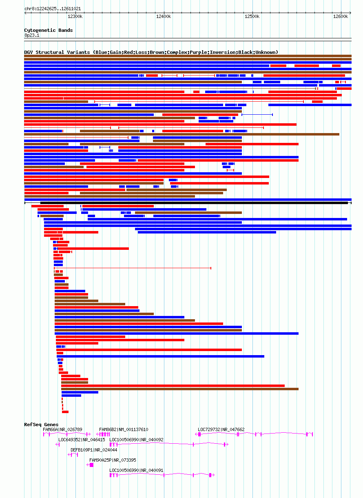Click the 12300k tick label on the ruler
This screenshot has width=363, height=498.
click(x=75, y=16)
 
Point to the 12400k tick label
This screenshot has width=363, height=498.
click(x=164, y=16)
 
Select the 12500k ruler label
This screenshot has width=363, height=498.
click(x=252, y=16)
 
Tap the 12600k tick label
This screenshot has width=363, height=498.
click(x=340, y=16)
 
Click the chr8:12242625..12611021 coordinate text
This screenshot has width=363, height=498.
click(x=53, y=9)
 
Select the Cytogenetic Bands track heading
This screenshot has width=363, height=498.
click(x=49, y=30)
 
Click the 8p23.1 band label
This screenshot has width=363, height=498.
click(x=32, y=36)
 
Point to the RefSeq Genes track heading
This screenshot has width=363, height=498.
click(x=41, y=425)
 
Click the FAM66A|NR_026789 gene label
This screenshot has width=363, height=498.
click(x=62, y=429)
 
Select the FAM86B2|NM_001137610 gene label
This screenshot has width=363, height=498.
click(x=124, y=429)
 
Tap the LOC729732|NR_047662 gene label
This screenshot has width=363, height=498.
click(x=221, y=429)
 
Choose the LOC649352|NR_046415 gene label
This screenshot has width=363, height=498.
click(x=82, y=440)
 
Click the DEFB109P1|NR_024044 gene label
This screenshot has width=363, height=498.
click(x=94, y=450)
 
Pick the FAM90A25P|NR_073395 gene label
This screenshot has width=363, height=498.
click(x=113, y=460)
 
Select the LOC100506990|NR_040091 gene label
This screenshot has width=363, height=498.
click(x=136, y=470)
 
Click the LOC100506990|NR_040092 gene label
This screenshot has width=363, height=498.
click(x=136, y=440)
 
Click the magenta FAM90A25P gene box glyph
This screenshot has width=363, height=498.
click(x=91, y=465)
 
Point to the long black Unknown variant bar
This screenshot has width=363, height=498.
click(x=194, y=203)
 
